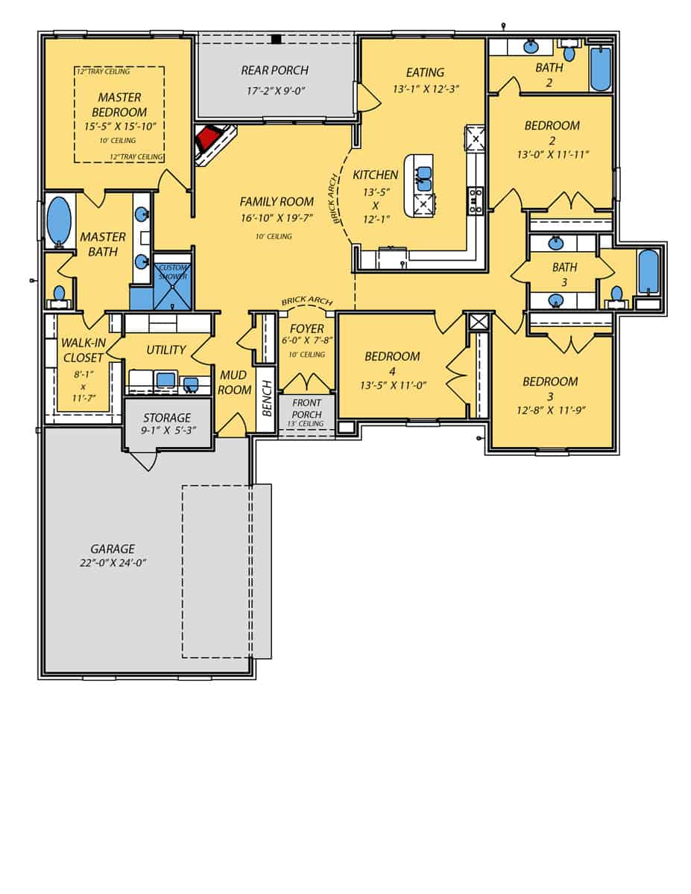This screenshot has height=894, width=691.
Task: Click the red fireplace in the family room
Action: pos(208,139)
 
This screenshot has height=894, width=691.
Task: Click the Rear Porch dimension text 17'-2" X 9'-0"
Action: pos(274,90)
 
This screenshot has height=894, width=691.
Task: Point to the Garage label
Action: pos(113,549)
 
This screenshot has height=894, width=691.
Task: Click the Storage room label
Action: pos(167,418)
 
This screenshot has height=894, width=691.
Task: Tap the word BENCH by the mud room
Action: pos(266,406)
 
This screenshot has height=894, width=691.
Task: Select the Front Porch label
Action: pos(306,409)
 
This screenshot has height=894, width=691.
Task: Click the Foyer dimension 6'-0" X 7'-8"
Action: pos(306,341)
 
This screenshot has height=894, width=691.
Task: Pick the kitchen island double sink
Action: pos(423,178)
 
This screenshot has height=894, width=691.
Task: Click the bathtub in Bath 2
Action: pos(599,69)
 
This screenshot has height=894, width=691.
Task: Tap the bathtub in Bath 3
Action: pos(649,272)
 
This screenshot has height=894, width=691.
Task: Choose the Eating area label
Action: pos(425,72)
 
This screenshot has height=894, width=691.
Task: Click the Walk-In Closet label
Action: pos(83,351)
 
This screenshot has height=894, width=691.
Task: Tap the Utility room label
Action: pos(165,350)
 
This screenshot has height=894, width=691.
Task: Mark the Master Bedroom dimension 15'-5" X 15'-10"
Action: pos(119,126)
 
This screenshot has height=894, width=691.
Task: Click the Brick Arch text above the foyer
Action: pos(306,301)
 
